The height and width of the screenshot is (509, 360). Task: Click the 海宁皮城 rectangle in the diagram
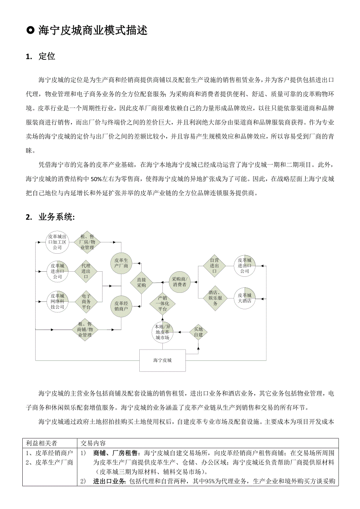(x=162, y=360)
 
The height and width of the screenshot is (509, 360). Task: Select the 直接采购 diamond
(x=141, y=282)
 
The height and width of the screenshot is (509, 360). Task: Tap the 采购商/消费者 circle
(x=180, y=282)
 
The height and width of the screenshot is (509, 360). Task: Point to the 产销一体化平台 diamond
(x=163, y=303)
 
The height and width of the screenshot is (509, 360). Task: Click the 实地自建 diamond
(x=198, y=332)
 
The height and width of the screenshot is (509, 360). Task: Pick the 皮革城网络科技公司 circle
(x=58, y=301)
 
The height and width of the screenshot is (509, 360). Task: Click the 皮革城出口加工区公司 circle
(x=58, y=242)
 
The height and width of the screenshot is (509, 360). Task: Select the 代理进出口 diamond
(x=86, y=271)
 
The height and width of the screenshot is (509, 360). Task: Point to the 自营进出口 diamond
(x=214, y=265)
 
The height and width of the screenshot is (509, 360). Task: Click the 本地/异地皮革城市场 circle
(x=162, y=332)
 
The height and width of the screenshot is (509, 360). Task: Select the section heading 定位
(x=47, y=56)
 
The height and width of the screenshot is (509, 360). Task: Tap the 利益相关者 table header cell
(x=41, y=443)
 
